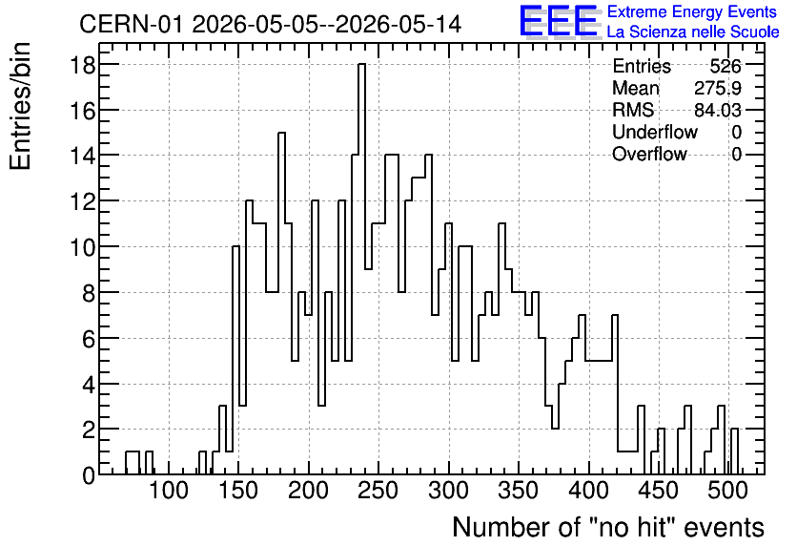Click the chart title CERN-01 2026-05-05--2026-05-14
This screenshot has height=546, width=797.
(271, 24)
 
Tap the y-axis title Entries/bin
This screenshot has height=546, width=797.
(20, 106)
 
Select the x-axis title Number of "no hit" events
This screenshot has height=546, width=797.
(608, 527)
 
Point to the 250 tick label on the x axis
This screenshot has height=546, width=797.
(378, 491)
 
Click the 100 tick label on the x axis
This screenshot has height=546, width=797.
(168, 491)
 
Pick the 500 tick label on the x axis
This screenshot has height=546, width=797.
(727, 491)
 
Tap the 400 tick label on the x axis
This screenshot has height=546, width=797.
(588, 491)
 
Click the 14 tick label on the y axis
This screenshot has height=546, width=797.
(82, 156)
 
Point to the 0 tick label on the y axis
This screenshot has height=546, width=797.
(89, 475)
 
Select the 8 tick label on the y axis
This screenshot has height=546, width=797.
(89, 293)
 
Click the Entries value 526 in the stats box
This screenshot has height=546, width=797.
(725, 66)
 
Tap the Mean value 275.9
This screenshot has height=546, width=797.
(718, 88)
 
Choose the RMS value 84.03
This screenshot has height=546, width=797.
(718, 110)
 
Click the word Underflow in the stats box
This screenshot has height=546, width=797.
(655, 132)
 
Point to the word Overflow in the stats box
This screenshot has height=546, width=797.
(649, 154)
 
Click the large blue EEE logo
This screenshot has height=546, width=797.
(559, 22)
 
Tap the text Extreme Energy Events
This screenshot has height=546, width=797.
(692, 11)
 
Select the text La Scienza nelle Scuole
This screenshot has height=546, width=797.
(693, 32)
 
